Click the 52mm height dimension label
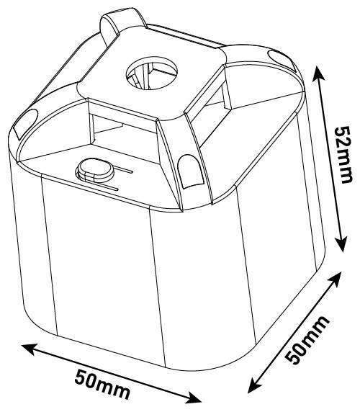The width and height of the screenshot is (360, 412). (343, 154)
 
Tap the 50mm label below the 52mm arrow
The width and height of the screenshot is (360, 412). (307, 339)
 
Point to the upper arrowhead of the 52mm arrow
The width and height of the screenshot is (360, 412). (319, 73)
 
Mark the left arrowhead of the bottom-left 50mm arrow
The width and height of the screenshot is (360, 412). (29, 349)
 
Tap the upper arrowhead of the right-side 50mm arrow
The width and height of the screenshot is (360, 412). (335, 279)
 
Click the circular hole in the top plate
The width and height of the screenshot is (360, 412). (152, 73)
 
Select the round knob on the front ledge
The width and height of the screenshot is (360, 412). (96, 170)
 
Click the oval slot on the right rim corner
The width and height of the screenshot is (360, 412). (281, 59)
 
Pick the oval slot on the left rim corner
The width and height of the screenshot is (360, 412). (25, 123)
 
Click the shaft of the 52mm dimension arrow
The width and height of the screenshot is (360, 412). (330, 158)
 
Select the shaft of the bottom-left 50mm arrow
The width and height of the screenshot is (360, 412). (111, 374)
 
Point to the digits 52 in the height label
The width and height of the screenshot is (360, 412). (343, 140)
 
